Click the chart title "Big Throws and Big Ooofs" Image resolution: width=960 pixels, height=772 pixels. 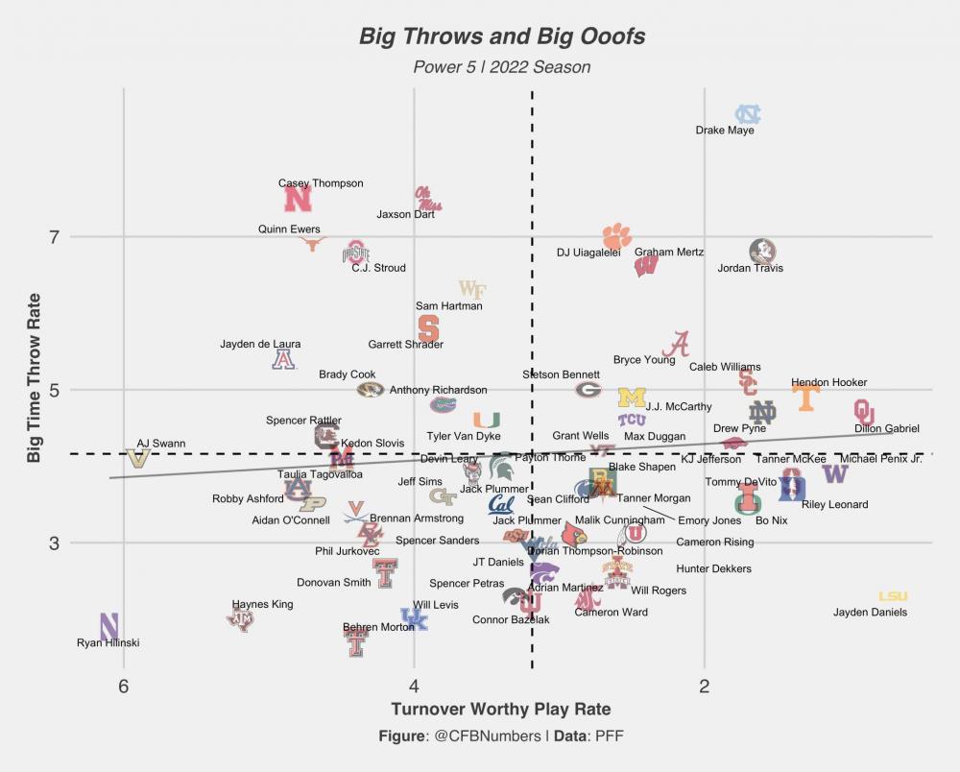click(x=502, y=37)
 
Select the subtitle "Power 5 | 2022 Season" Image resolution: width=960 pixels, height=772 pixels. click(x=502, y=67)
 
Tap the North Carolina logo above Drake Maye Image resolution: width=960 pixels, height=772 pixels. click(x=748, y=114)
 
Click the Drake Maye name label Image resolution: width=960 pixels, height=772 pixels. click(x=725, y=131)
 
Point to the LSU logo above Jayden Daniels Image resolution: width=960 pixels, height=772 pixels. click(x=893, y=597)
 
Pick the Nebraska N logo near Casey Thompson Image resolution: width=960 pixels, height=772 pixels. click(x=299, y=199)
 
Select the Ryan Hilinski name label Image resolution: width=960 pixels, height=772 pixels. click(x=108, y=643)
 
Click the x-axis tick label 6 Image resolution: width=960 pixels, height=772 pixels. click(x=123, y=687)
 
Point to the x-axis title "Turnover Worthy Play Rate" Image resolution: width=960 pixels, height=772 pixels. click(x=501, y=710)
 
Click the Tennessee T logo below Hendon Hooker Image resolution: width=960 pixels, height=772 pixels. click(x=805, y=398)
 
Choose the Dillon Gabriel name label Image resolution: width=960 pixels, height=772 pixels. click(x=887, y=429)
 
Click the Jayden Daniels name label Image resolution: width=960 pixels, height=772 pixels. click(x=870, y=613)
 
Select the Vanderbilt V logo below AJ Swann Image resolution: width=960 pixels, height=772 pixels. click(x=138, y=458)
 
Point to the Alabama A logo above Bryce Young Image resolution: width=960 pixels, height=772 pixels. click(x=680, y=344)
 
